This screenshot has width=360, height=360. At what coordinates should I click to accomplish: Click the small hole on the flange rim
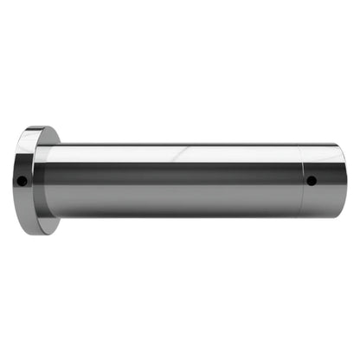pyautogui.click(x=22, y=181)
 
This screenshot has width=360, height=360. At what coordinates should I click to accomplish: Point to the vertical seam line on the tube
pyautogui.click(x=300, y=180)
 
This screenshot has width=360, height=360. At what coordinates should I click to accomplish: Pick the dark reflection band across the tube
pyautogui.click(x=173, y=178)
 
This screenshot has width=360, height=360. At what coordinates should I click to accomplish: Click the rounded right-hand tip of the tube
pyautogui.click(x=344, y=181)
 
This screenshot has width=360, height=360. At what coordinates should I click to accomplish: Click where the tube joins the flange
pyautogui.click(x=47, y=180)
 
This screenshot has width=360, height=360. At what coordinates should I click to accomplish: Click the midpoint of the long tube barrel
pyautogui.click(x=173, y=180)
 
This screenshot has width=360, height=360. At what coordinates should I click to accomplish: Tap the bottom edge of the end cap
pyautogui.click(x=322, y=216)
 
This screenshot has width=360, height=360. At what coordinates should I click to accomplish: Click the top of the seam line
pyautogui.click(x=300, y=145)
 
